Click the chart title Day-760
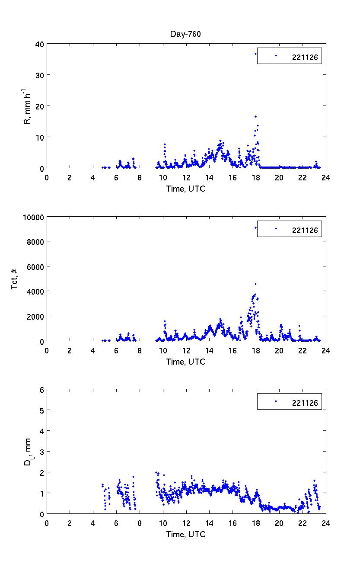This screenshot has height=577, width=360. point(186,35)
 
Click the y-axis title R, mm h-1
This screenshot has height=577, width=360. point(28,106)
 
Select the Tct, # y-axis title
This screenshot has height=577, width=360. point(15,279)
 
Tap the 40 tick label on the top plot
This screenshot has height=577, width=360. point(40,44)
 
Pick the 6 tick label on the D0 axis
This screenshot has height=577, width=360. point(42,389)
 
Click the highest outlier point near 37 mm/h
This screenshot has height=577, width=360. point(255,54)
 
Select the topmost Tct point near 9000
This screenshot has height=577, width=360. point(255,228)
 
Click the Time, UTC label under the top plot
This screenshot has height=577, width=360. point(186,189)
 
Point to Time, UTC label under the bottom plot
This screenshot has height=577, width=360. point(186,535)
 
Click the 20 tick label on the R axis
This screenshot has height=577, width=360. point(40,106)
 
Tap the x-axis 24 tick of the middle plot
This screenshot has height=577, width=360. point(326,350)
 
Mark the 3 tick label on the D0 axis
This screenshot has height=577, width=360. point(42,452)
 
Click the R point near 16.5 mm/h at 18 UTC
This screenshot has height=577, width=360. point(256,116)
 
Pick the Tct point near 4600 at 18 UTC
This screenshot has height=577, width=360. point(256,284)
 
